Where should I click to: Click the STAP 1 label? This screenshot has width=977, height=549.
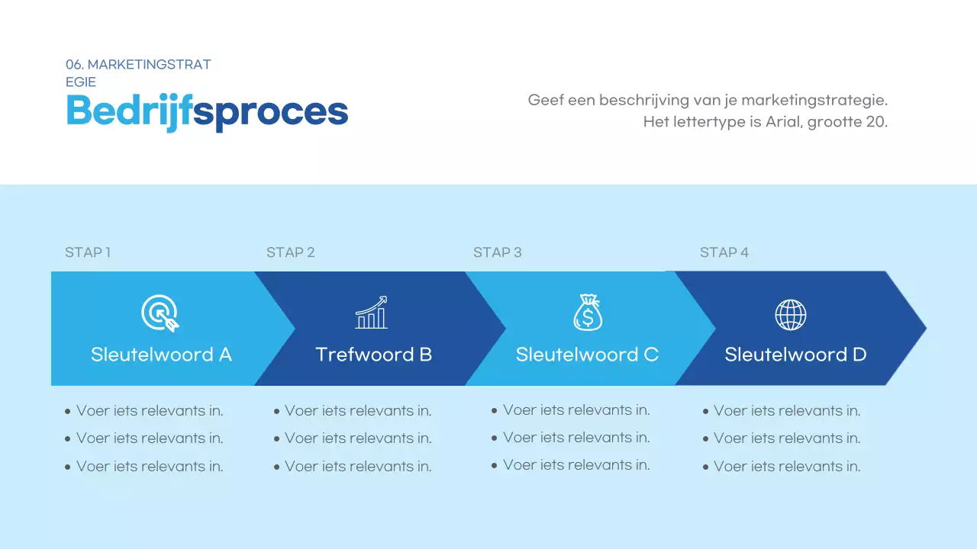point(88,252)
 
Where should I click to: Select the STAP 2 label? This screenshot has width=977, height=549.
point(290,252)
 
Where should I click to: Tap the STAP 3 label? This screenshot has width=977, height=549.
point(497,252)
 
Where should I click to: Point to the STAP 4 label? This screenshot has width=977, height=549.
point(724,252)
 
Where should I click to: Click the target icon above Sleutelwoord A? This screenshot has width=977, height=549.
point(160,313)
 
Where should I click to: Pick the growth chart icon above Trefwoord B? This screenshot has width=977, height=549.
point(372,313)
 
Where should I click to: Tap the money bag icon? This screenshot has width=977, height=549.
point(588,313)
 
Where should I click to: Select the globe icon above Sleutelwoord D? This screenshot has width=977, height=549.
point(791,314)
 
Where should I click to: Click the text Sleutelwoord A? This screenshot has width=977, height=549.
point(161,355)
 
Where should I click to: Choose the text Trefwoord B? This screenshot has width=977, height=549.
point(374,355)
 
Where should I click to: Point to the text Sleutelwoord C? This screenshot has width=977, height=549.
point(587,355)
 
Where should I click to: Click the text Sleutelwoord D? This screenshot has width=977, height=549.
point(795,355)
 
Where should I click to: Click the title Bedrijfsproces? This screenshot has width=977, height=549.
point(207,111)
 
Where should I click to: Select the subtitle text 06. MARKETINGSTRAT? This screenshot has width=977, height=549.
point(138,65)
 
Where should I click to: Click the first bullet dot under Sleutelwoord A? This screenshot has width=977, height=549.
point(68,412)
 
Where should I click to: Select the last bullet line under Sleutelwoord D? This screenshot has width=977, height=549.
point(786,467)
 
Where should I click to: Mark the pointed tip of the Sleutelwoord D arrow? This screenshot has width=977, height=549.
point(924,329)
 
